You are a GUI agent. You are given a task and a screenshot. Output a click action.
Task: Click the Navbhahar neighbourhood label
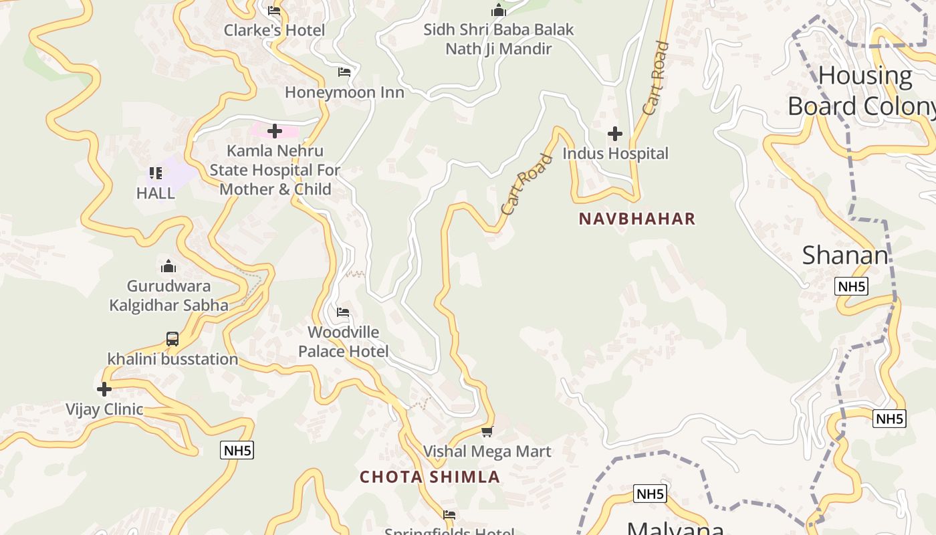(x=637, y=219)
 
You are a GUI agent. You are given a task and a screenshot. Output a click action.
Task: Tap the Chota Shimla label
(x=430, y=477)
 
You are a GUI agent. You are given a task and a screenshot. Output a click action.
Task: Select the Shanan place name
(x=845, y=255)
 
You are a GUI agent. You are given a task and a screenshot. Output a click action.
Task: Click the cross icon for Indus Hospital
(x=615, y=134)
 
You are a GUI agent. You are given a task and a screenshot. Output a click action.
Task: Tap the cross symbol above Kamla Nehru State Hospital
(x=274, y=131)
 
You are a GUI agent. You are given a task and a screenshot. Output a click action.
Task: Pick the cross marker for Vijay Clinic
(x=104, y=389)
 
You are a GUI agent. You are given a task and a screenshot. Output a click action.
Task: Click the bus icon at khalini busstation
(x=172, y=339)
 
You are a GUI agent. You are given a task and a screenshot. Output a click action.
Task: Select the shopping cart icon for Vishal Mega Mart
(x=487, y=432)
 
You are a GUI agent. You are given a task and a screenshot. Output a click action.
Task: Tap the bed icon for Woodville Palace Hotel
(x=343, y=312)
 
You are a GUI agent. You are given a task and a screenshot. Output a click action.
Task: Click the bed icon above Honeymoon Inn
(x=344, y=72)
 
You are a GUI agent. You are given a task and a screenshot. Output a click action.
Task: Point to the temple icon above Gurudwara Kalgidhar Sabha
(x=168, y=267)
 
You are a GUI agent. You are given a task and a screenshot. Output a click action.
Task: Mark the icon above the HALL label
(x=156, y=174)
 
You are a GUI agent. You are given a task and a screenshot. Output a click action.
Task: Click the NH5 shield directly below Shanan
(x=851, y=287)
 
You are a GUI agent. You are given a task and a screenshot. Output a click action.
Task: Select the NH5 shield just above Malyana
(x=650, y=494)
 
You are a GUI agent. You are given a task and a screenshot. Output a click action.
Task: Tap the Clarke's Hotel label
(x=274, y=30)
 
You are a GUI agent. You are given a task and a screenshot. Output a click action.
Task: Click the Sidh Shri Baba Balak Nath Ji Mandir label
(x=499, y=39)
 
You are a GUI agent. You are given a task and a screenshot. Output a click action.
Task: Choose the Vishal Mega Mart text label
(x=487, y=451)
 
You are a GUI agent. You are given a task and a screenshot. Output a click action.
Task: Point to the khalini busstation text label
(x=172, y=359)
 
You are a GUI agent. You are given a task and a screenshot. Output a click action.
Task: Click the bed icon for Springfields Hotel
(x=449, y=515)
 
